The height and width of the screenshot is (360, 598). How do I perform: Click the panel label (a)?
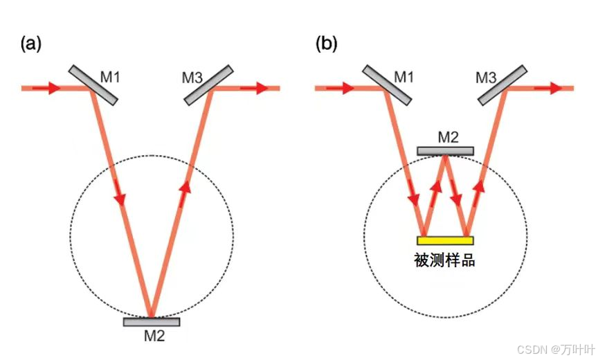(x=31, y=44)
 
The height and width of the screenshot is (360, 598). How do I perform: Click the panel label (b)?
(x=327, y=44)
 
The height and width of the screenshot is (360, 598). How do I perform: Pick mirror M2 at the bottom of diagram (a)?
(x=152, y=322)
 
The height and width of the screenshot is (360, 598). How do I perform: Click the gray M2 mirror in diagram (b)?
(x=446, y=151)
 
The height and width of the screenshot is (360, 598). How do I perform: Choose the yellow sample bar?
(x=445, y=240)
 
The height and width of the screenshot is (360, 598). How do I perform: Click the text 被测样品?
(x=445, y=261)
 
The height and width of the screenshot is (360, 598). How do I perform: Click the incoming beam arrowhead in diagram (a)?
(x=53, y=89)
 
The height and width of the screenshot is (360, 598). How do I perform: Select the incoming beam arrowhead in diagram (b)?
(x=346, y=88)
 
